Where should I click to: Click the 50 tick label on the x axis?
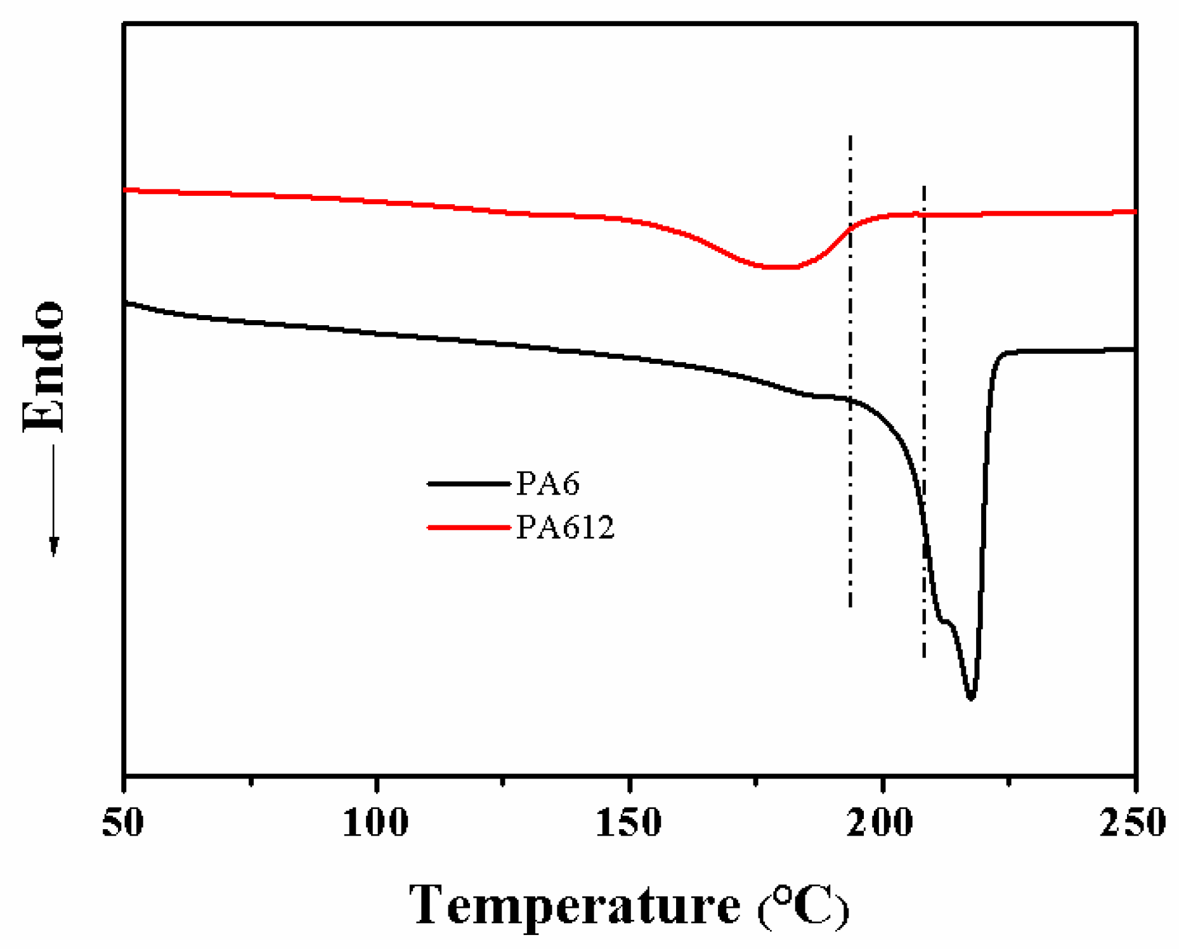tap(123, 823)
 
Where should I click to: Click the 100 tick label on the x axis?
tap(375, 823)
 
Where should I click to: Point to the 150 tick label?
tap(629, 823)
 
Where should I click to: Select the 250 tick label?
tap(1133, 823)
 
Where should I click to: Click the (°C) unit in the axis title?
tap(803, 907)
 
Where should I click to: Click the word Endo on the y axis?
tap(43, 367)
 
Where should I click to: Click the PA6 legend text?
tap(548, 484)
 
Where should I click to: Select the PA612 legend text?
tap(565, 527)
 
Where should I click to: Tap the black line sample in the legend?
tap(469, 484)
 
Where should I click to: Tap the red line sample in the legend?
tap(469, 527)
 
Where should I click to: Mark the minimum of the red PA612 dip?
tap(777, 267)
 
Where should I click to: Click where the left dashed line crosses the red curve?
tap(850, 228)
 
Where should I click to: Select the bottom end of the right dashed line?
tap(924, 657)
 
